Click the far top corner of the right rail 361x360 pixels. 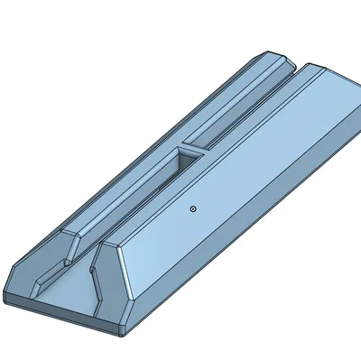pos(315,66)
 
